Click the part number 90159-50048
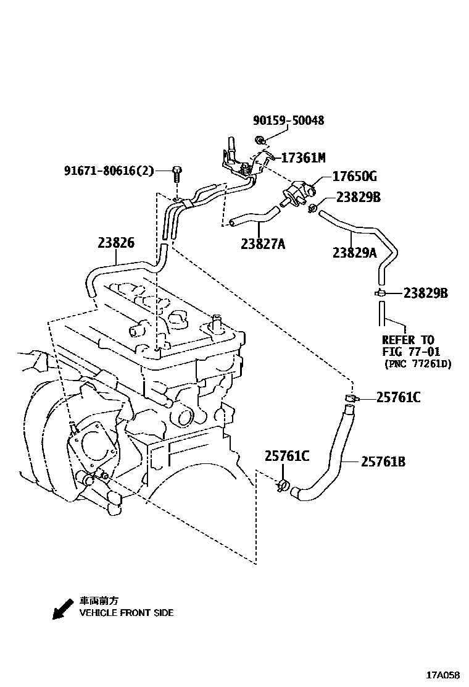click(x=288, y=120)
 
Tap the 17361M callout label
click(x=302, y=158)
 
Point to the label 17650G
click(x=354, y=177)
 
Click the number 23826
click(x=115, y=243)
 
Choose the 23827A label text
click(x=263, y=244)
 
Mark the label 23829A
click(x=354, y=252)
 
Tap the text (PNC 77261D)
click(x=417, y=364)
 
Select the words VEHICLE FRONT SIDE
click(x=127, y=613)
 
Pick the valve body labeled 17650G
click(x=301, y=188)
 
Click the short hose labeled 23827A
click(x=253, y=216)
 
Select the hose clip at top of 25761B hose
click(x=350, y=398)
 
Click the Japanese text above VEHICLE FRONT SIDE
click(x=99, y=601)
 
